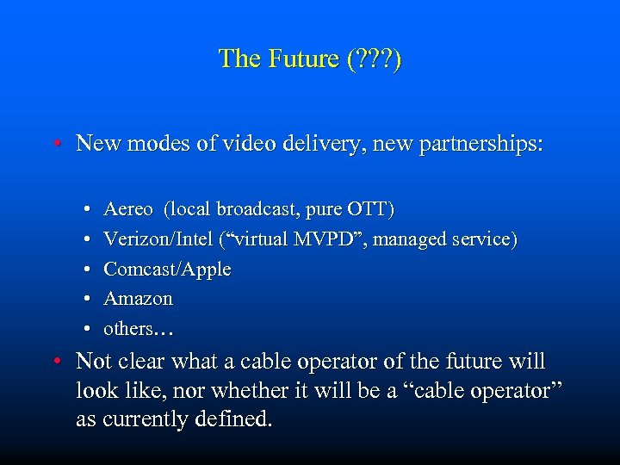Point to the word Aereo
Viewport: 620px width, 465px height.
pyautogui.click(x=128, y=209)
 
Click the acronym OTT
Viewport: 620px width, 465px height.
pyautogui.click(x=369, y=209)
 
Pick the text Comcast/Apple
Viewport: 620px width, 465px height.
pyautogui.click(x=167, y=270)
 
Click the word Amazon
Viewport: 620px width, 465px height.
pyautogui.click(x=138, y=299)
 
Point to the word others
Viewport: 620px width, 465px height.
pyautogui.click(x=127, y=329)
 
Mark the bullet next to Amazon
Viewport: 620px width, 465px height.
pyautogui.click(x=90, y=300)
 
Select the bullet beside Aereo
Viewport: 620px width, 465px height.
pyautogui.click(x=90, y=209)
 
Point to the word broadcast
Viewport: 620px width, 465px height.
pyautogui.click(x=255, y=209)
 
